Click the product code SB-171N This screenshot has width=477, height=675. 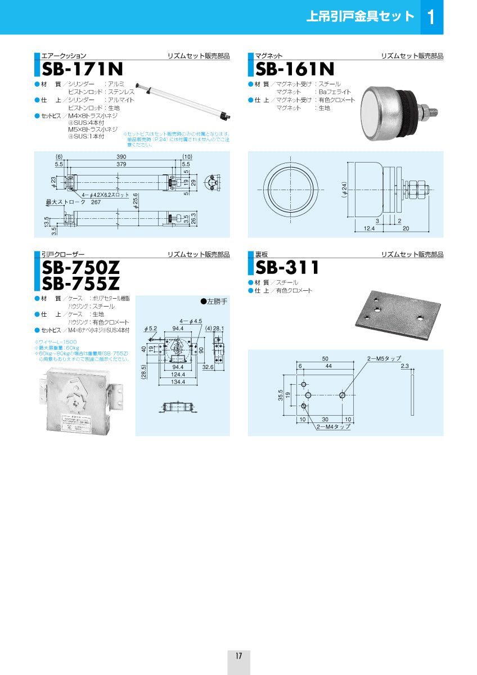(x=82, y=69)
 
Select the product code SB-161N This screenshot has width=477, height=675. (x=294, y=69)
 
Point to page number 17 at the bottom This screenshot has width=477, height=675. (x=238, y=656)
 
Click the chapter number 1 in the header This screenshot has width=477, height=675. (x=431, y=17)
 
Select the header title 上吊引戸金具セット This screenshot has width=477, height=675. (x=359, y=16)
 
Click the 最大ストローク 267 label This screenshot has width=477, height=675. (x=74, y=202)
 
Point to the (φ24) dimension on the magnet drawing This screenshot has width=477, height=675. (x=344, y=190)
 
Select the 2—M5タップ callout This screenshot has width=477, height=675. (x=384, y=358)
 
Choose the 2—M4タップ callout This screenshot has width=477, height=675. (x=333, y=427)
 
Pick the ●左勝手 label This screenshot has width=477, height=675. (x=214, y=301)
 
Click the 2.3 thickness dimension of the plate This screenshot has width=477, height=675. (x=405, y=366)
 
